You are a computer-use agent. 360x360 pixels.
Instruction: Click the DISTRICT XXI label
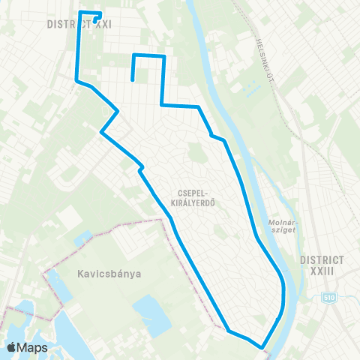(79, 24)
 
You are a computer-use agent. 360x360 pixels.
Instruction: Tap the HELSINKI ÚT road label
(264, 58)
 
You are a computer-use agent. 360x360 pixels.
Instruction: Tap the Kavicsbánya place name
(109, 274)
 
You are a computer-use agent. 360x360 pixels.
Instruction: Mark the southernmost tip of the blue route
(262, 347)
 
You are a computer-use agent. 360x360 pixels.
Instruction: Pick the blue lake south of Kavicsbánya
(150, 315)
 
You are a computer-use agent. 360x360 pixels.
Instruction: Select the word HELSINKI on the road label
(262, 49)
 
